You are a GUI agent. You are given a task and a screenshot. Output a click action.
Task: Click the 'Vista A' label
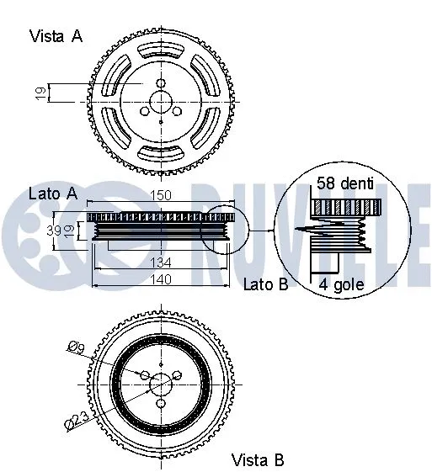[x=56, y=35]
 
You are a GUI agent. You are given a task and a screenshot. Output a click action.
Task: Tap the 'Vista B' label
[x=258, y=459]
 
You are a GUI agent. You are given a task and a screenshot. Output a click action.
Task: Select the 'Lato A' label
[x=52, y=194]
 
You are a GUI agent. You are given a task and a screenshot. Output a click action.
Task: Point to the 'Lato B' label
[x=265, y=284]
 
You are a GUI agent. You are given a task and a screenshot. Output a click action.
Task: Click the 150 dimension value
[x=161, y=196]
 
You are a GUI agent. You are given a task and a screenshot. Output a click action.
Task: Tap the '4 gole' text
[x=341, y=284]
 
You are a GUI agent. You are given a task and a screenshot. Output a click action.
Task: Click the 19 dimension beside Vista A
[x=40, y=93]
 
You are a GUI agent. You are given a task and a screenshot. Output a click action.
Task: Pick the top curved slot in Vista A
[x=161, y=50]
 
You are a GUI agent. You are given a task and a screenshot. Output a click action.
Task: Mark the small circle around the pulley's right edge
[x=228, y=229]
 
